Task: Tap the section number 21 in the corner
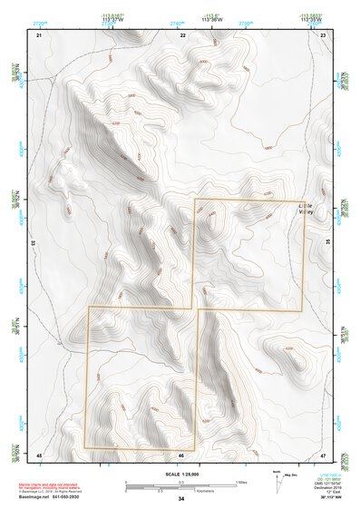click(x=39, y=34)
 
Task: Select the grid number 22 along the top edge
click(x=183, y=34)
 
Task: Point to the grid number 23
click(x=324, y=34)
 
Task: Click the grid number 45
click(x=39, y=455)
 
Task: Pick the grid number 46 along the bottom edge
click(x=181, y=455)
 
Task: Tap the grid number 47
click(x=324, y=455)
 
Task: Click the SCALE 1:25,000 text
click(x=180, y=474)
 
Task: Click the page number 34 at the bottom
click(x=181, y=500)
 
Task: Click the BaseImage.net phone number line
click(x=43, y=497)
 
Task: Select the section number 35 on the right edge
click(x=327, y=243)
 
